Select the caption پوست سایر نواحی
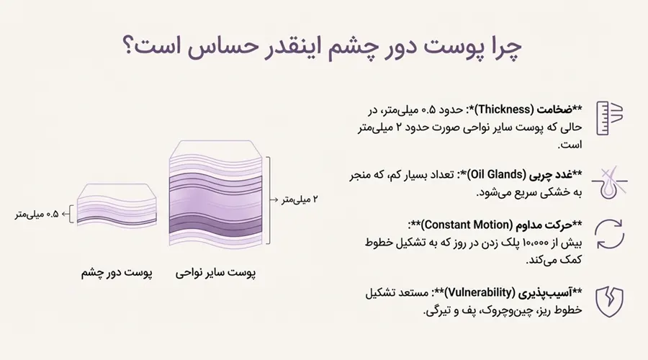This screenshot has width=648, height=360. pos(215,274)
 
